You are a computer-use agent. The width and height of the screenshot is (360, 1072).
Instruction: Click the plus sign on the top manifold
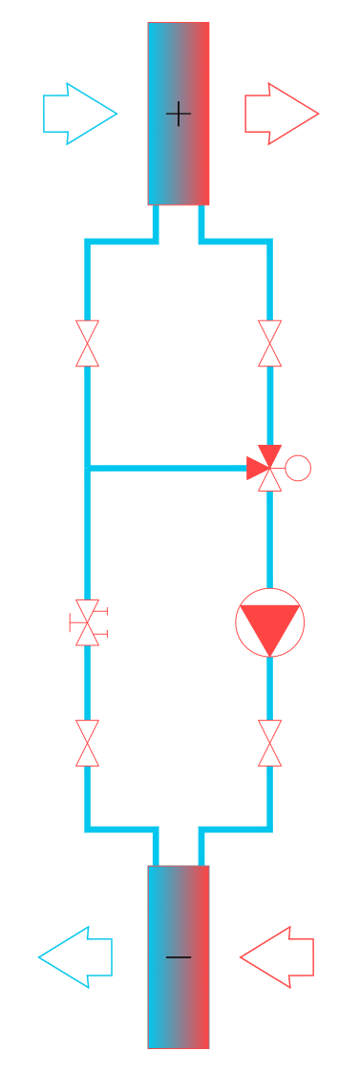pos(179,114)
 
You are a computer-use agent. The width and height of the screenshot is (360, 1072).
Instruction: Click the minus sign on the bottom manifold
pos(179,956)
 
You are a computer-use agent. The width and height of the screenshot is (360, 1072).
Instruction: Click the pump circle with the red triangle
pos(270,622)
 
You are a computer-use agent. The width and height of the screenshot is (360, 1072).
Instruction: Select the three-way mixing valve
pos(267,468)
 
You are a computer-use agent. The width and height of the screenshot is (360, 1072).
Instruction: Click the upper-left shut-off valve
pos(87,344)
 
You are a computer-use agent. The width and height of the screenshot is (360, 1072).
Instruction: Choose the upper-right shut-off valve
pos(270,344)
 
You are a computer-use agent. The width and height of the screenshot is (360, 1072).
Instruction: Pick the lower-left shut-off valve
pos(87,744)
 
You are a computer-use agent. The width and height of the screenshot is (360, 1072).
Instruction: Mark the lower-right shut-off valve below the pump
pos(270,744)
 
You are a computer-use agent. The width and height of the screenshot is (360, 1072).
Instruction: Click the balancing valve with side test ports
pos(87,622)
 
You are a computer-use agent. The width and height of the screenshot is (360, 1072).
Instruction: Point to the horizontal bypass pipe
pos(167,468)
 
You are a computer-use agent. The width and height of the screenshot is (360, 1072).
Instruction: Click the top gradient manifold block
pos(179,57)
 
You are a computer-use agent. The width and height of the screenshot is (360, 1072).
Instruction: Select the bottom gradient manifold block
pos(179,1012)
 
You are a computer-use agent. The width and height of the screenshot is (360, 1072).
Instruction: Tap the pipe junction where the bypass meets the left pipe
pos(87,468)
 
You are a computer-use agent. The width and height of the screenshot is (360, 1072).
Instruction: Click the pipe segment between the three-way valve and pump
pos(270,539)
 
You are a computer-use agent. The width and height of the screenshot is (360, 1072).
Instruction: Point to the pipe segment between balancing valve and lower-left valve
pos(87,683)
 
